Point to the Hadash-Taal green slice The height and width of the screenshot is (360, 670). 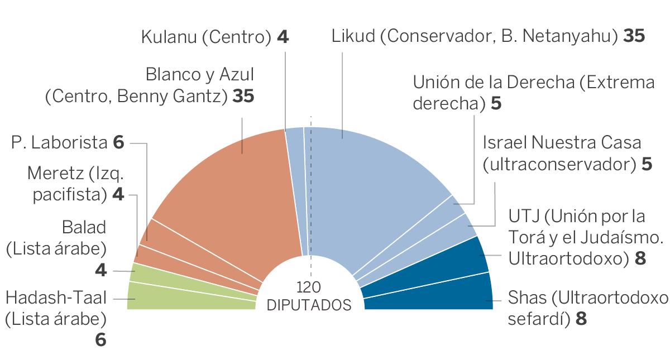pos(190,296)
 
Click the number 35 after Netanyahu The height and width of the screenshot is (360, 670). pos(634,37)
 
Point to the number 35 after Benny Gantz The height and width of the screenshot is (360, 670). pos(243,97)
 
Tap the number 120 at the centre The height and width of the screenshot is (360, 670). pos(309,288)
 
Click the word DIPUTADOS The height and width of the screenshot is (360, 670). pos(309,305)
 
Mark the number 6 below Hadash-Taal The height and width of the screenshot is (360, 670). pos(100,340)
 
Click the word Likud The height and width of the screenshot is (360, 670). pos(353,37)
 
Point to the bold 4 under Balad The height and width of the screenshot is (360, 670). pos(100,270)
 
